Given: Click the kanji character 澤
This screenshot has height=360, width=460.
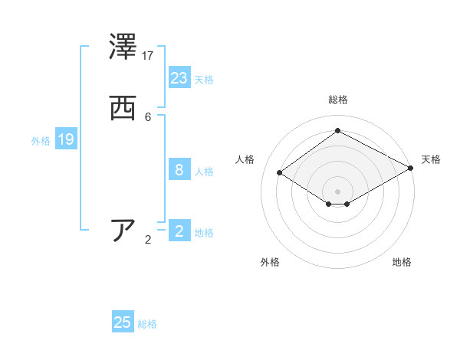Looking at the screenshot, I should click(x=123, y=47).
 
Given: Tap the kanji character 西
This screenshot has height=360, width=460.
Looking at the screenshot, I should click(x=123, y=109).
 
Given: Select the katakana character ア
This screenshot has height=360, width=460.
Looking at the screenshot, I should click(x=123, y=231).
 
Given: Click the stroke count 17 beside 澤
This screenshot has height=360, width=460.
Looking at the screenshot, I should click(x=148, y=56).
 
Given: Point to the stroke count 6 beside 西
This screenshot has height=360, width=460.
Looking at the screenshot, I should click(x=148, y=117).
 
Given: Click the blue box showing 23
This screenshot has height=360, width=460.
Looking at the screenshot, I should click(x=179, y=78).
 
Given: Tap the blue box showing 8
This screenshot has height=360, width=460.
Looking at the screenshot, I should click(x=179, y=170).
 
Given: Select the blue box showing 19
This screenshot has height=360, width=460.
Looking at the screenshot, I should click(x=66, y=139).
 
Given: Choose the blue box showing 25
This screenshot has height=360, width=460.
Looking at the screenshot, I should click(x=123, y=322).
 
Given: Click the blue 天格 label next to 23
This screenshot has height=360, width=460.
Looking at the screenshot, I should click(x=204, y=80).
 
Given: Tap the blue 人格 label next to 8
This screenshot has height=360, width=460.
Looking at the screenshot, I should click(x=204, y=172).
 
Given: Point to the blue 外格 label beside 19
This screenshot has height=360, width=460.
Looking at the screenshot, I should click(x=41, y=141).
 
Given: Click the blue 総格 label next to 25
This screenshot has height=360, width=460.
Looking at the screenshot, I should click(x=147, y=324).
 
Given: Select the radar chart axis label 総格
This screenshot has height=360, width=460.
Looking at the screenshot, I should click(x=338, y=100).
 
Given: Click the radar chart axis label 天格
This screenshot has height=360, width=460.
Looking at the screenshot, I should click(x=431, y=159).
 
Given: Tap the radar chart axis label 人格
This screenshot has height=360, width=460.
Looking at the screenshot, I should click(x=245, y=159).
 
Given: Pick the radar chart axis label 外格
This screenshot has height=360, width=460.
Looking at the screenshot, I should click(x=270, y=262).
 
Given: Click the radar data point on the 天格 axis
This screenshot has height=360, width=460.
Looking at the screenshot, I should click(x=412, y=169).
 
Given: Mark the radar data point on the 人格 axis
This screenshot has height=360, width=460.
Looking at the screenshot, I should click(x=280, y=173).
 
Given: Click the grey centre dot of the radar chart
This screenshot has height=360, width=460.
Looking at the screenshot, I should click(x=338, y=191).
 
